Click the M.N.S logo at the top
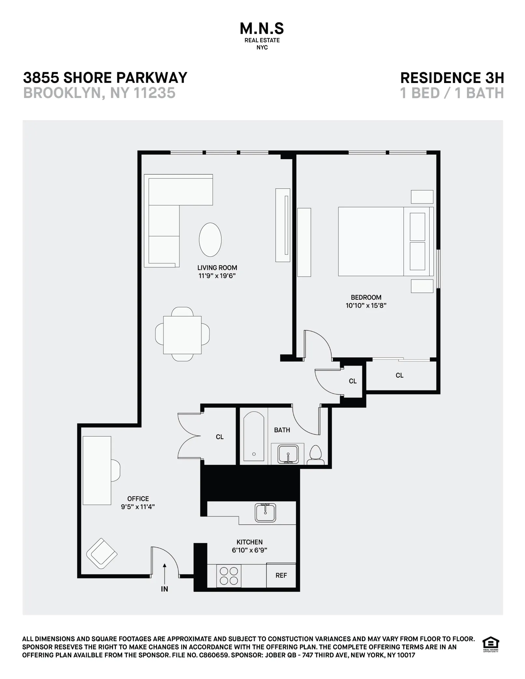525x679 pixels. click(262, 29)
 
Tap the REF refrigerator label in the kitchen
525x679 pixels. click(281, 575)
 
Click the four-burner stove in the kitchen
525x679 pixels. click(229, 576)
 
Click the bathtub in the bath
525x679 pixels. click(254, 436)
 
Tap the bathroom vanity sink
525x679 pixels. click(288, 454)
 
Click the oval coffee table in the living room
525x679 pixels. click(210, 240)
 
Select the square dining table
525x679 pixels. click(182, 335)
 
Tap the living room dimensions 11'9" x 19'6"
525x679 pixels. click(217, 276)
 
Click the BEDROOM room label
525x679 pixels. click(366, 297)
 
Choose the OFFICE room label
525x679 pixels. click(138, 499)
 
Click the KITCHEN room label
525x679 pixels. click(249, 542)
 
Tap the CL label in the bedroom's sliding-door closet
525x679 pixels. click(399, 375)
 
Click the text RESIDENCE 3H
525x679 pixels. click(452, 78)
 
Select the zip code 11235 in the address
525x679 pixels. click(154, 93)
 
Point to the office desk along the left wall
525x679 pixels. click(97, 470)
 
